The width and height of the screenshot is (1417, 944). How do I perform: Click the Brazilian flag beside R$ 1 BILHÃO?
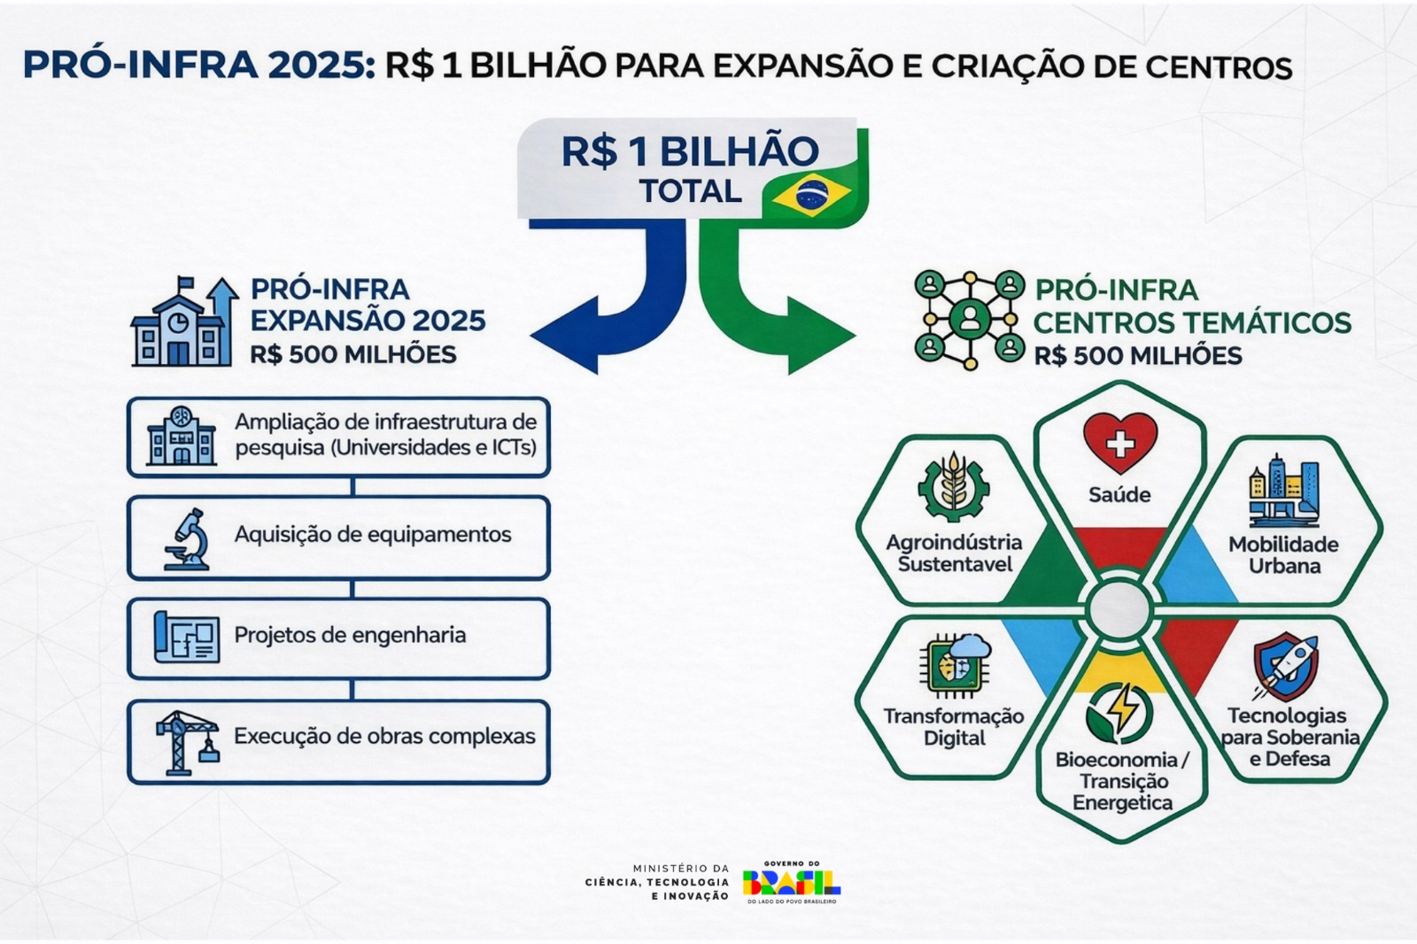click(x=811, y=196)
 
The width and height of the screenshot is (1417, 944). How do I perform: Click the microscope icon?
click(x=187, y=538)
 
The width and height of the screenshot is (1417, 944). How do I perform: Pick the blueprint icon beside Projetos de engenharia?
click(x=187, y=637)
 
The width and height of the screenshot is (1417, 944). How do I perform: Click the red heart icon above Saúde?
click(x=1120, y=442)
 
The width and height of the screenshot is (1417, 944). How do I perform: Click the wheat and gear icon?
click(x=953, y=486)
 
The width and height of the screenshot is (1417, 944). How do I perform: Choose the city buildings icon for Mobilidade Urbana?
click(x=1283, y=491)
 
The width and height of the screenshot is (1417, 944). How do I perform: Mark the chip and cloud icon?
click(x=955, y=665)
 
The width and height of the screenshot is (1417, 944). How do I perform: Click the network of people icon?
click(x=969, y=320)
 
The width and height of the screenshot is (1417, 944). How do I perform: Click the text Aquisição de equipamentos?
click(x=373, y=535)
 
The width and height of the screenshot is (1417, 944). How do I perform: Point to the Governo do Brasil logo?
click(x=791, y=882)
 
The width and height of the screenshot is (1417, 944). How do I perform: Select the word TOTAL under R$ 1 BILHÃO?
click(x=691, y=191)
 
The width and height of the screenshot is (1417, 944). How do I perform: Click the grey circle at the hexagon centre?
click(x=1119, y=609)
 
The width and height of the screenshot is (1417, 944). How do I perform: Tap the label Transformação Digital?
click(x=954, y=727)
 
